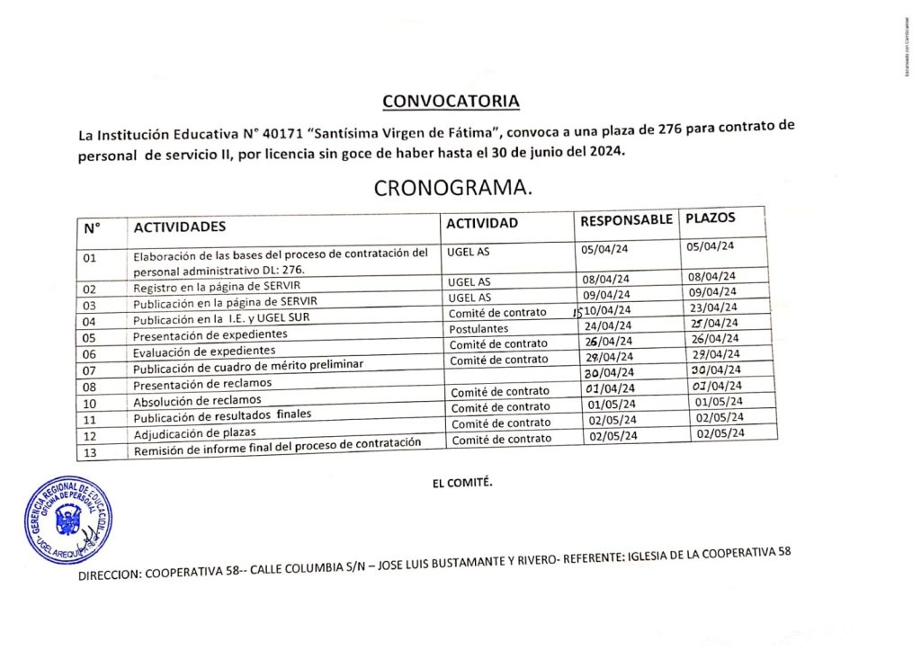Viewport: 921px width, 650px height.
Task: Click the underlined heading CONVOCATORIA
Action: click(x=451, y=100)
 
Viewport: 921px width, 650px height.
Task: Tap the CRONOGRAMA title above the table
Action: click(x=452, y=189)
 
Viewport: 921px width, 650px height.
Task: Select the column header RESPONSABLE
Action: click(x=626, y=220)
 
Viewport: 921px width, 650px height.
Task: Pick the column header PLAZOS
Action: click(x=711, y=218)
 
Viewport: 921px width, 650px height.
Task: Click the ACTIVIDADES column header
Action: click(x=180, y=227)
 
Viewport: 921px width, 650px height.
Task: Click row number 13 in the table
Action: click(x=89, y=452)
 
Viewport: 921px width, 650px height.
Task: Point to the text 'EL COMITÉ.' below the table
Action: click(x=462, y=483)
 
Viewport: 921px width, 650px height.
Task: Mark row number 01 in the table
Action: click(x=89, y=258)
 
